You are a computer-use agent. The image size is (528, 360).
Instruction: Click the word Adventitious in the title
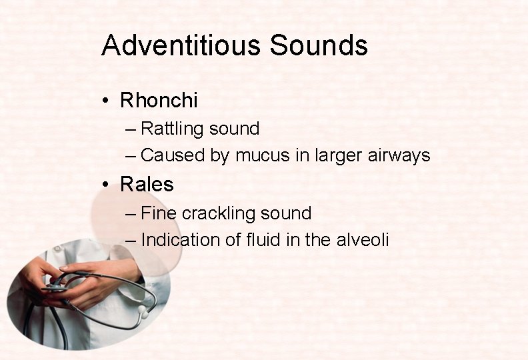[181, 45]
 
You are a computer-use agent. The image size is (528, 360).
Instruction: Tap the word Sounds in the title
[319, 45]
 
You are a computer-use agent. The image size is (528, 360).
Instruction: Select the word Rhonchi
[159, 101]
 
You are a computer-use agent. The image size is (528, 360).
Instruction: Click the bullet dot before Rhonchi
[106, 101]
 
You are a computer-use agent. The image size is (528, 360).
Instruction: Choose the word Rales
[147, 184]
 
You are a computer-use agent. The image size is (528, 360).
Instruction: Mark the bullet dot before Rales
[106, 184]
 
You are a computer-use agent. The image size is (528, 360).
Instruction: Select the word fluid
[263, 240]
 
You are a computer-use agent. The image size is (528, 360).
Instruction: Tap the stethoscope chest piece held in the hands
[55, 288]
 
